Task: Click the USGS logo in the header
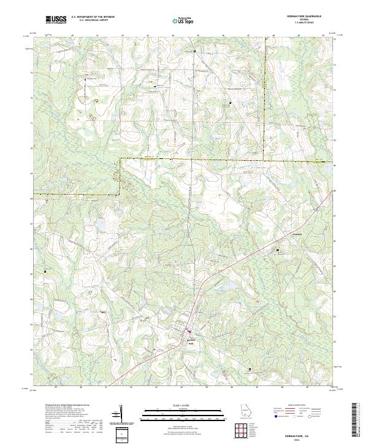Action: click(x=56, y=20)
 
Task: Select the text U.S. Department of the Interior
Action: click(x=93, y=17)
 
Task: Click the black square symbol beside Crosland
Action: click(x=277, y=250)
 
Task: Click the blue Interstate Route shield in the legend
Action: click(x=275, y=416)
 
